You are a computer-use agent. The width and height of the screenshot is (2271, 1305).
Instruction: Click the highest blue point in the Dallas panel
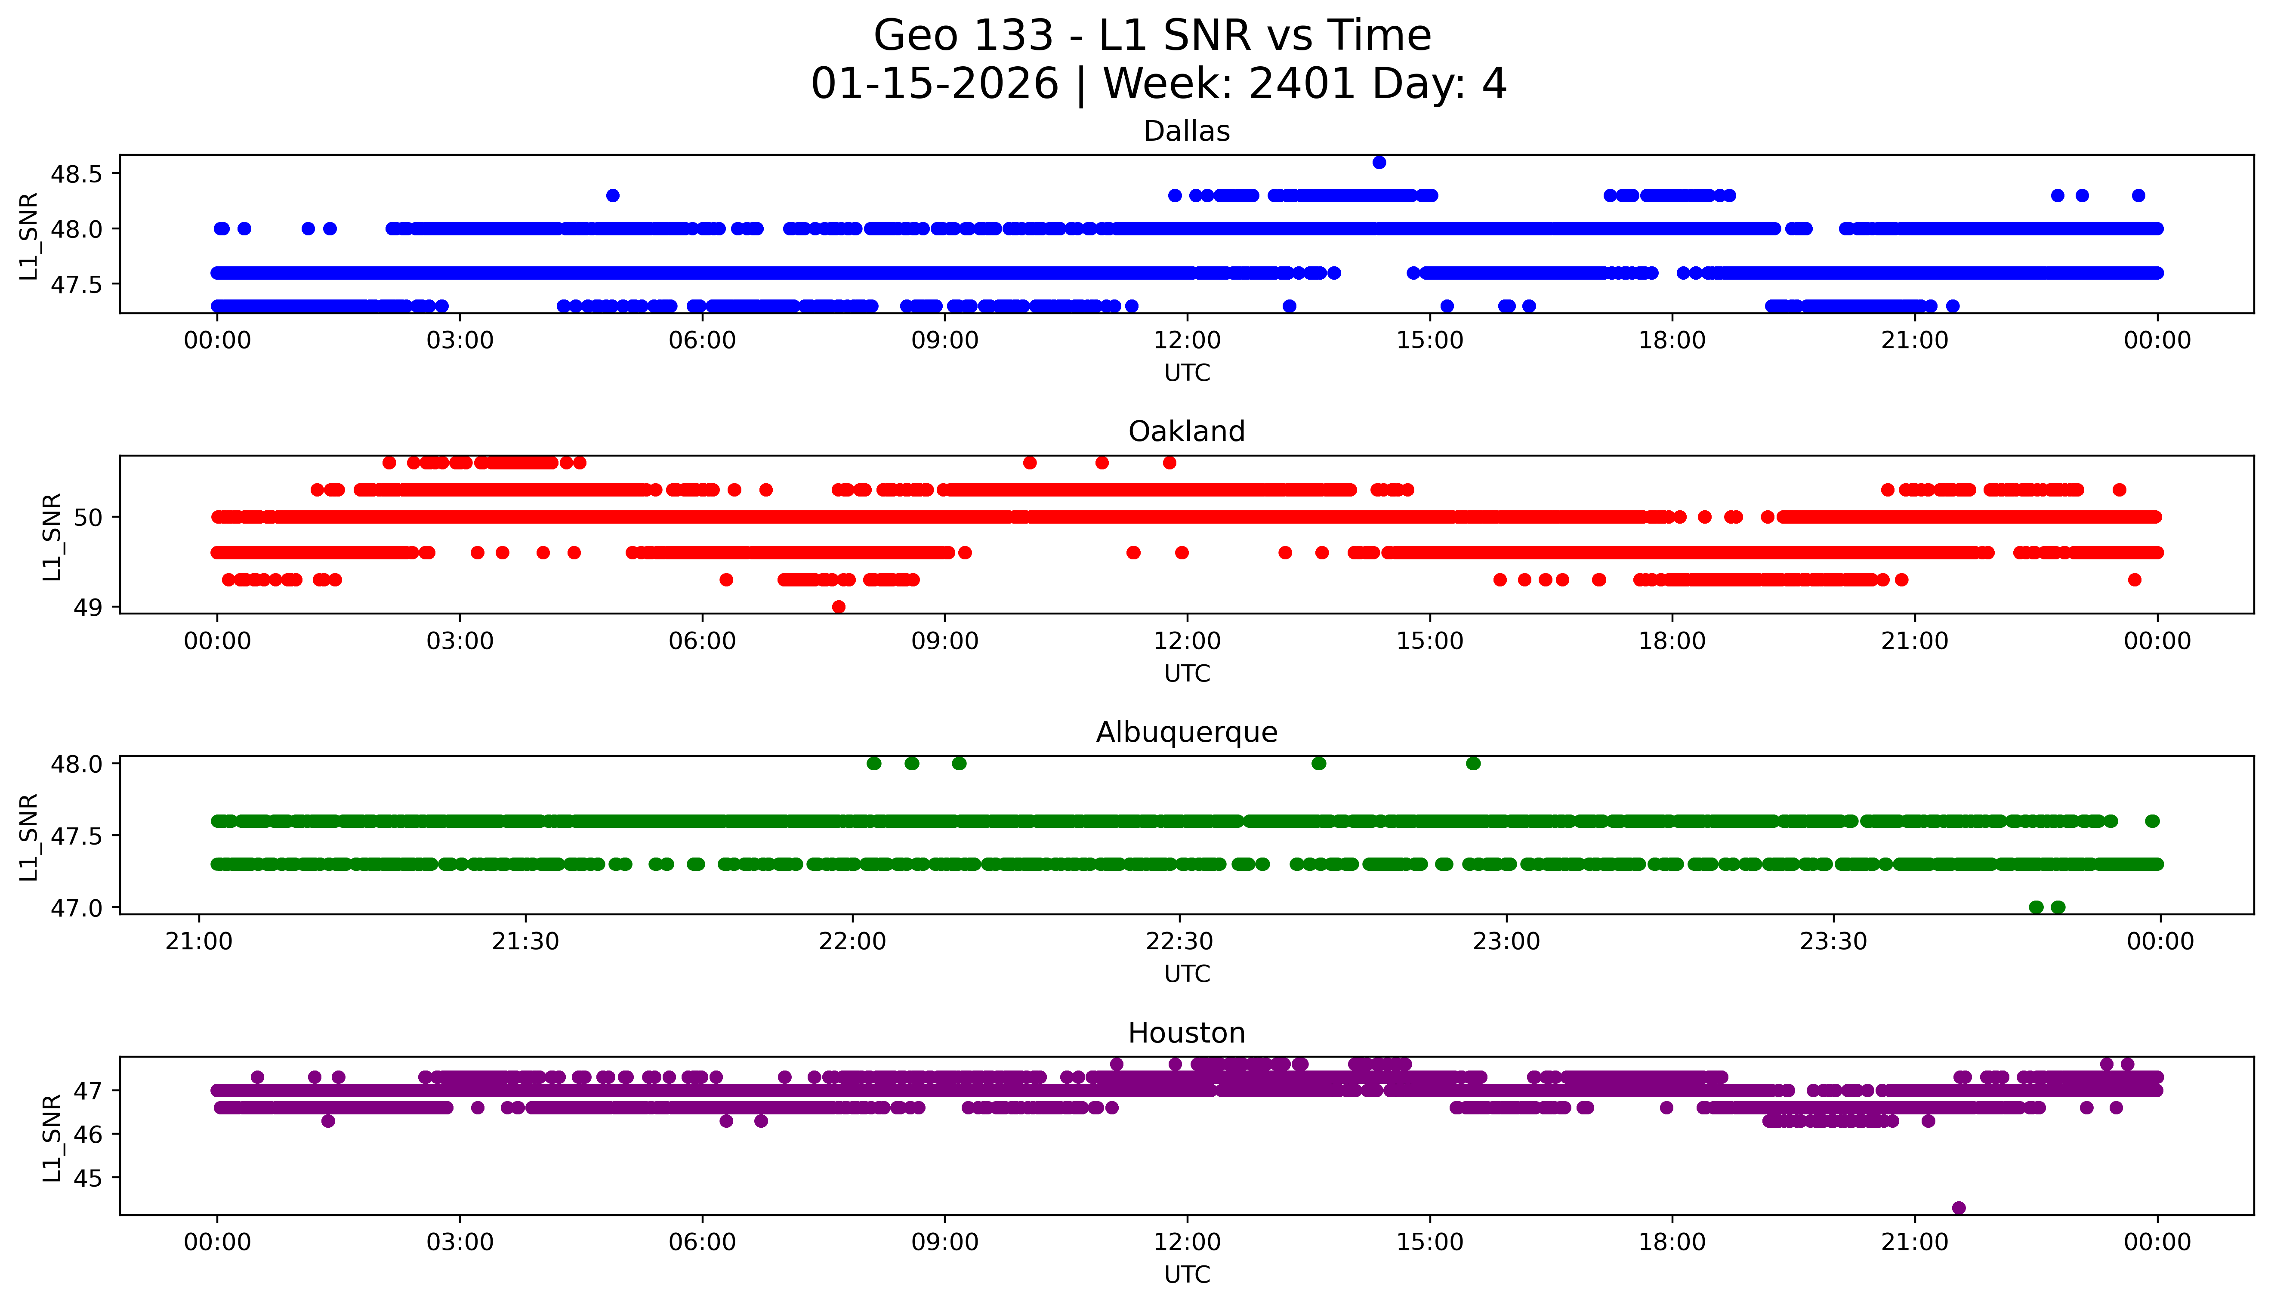pyautogui.click(x=1379, y=162)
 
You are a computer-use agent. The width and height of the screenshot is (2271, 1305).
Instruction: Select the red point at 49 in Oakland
pyautogui.click(x=839, y=607)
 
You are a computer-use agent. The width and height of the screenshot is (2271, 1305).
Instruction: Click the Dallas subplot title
pyautogui.click(x=1187, y=132)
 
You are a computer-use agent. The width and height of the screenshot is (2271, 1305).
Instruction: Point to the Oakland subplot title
pyautogui.click(x=1187, y=432)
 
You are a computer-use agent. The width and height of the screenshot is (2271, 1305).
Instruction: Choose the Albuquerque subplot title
pyautogui.click(x=1187, y=732)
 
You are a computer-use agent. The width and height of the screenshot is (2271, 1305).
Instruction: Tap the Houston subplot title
pyautogui.click(x=1187, y=1034)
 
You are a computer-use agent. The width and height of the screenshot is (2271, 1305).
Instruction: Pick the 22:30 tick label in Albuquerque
pyautogui.click(x=1179, y=941)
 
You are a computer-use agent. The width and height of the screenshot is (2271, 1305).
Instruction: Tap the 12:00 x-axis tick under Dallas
pyautogui.click(x=1188, y=341)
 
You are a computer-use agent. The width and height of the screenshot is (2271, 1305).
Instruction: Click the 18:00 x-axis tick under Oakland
pyautogui.click(x=1672, y=641)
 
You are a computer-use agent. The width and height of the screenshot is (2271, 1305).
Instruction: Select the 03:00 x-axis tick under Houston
pyautogui.click(x=460, y=1242)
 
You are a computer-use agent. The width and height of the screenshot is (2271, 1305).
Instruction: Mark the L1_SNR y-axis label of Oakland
pyautogui.click(x=52, y=536)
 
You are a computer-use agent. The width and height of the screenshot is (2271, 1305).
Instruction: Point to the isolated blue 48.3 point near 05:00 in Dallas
pyautogui.click(x=613, y=195)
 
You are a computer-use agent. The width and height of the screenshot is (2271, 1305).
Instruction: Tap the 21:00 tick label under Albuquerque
pyautogui.click(x=199, y=941)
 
